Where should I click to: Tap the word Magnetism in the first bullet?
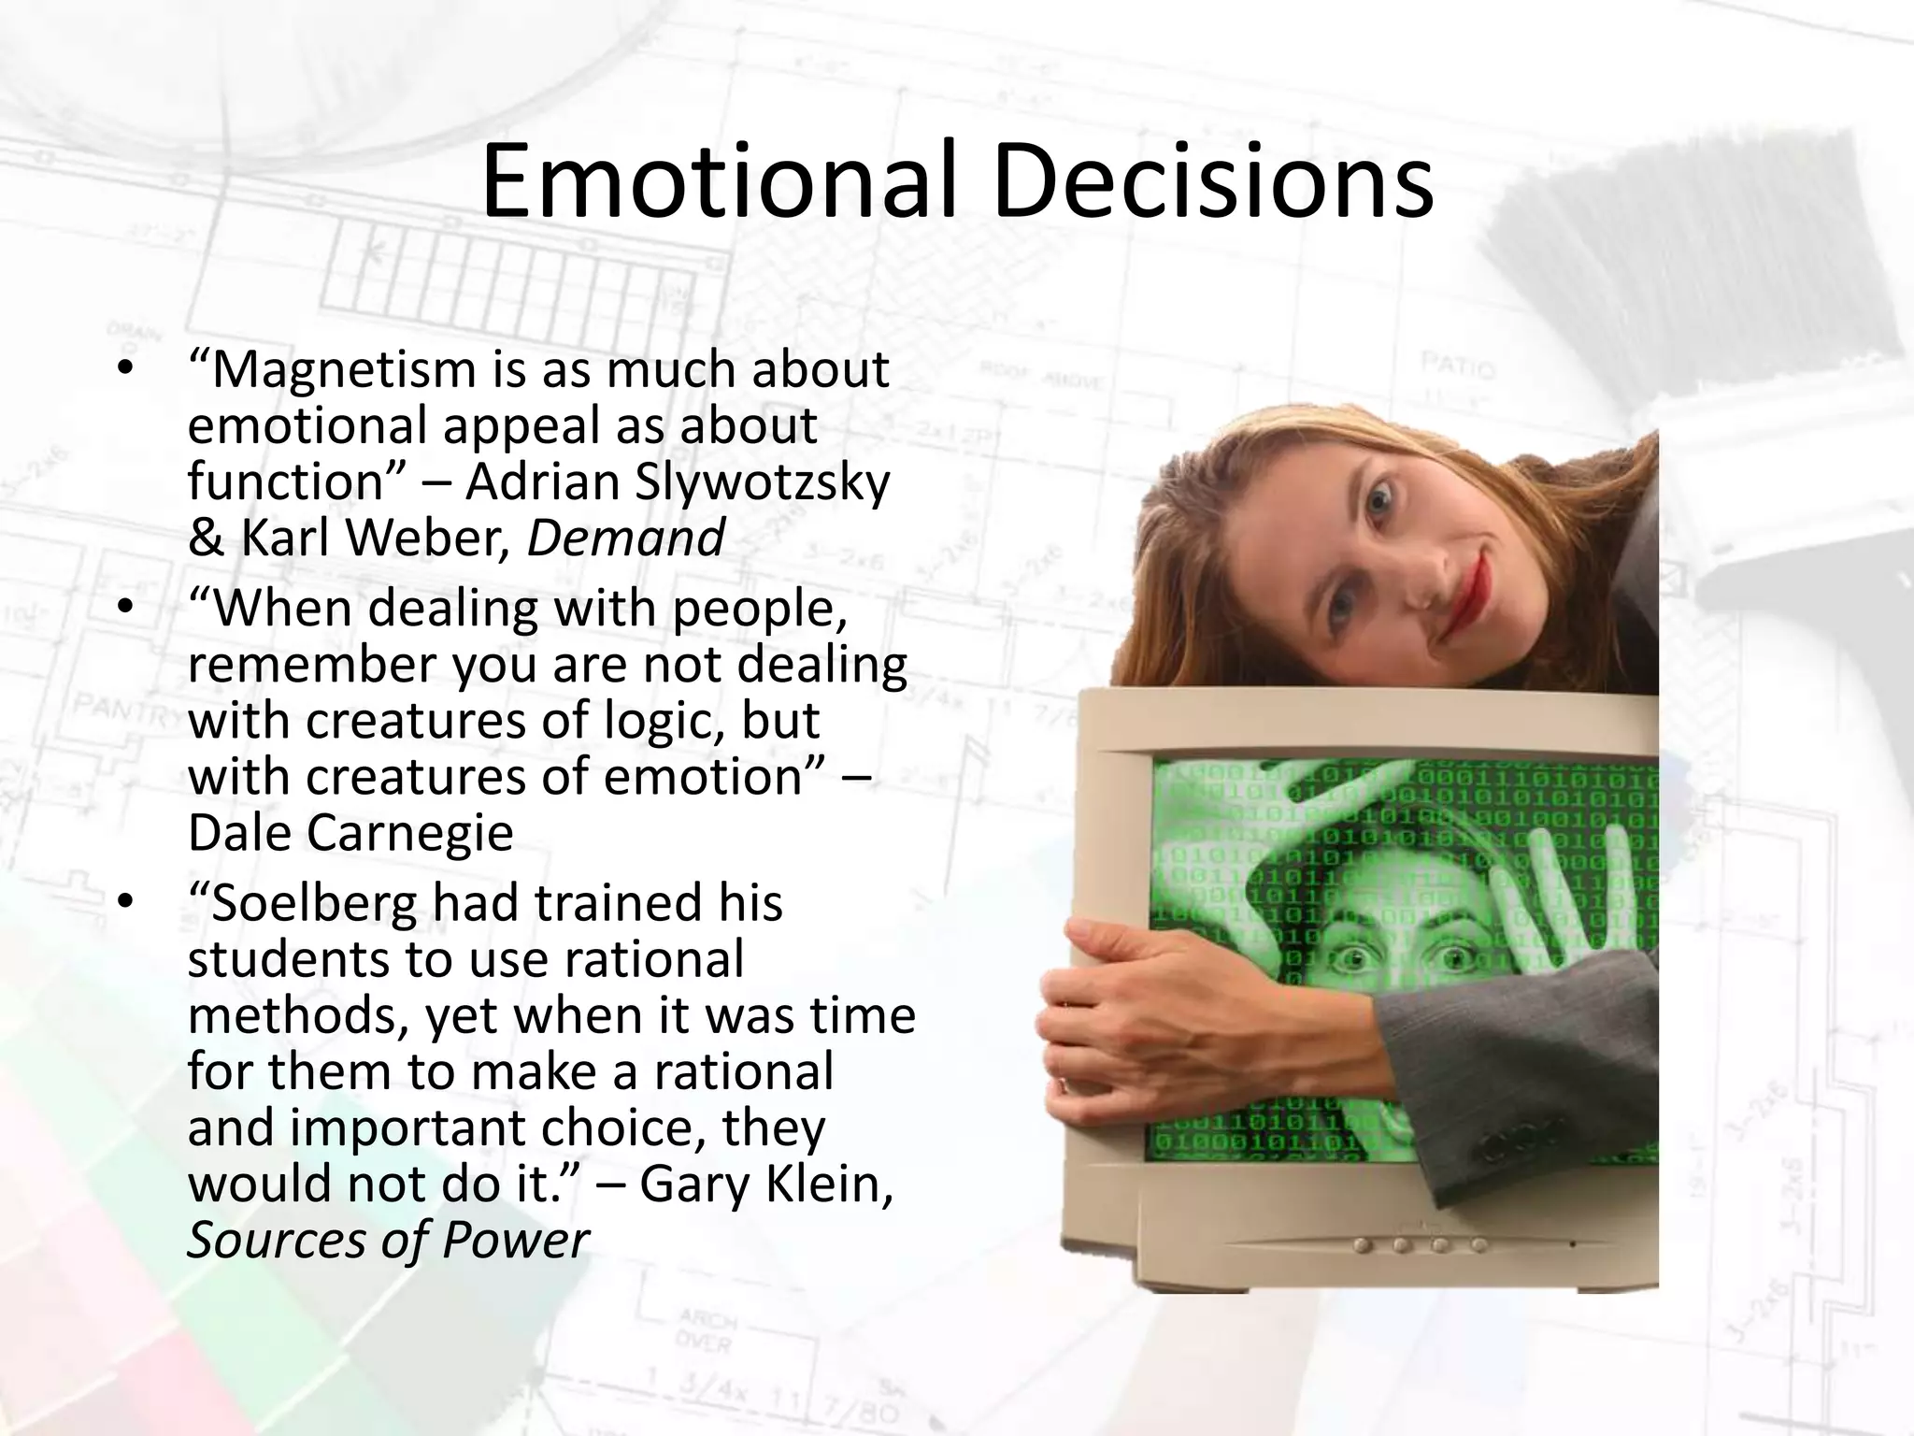click(x=345, y=370)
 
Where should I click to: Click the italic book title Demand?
click(x=625, y=539)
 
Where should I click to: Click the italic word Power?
click(x=515, y=1241)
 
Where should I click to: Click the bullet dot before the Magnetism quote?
click(x=127, y=368)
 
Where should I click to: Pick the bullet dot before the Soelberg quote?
click(x=127, y=902)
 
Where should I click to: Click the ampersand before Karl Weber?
click(x=206, y=539)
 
